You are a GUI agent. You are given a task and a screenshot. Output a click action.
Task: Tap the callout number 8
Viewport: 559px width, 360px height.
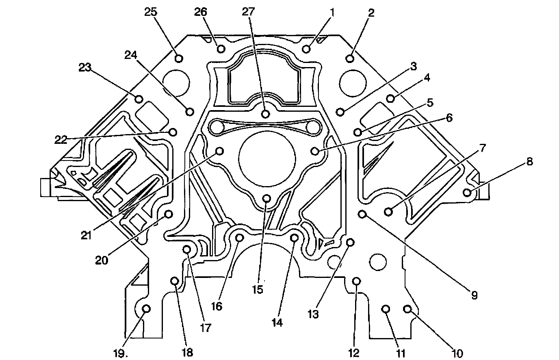click(x=529, y=161)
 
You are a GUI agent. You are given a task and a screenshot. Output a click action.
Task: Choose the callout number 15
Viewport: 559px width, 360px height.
click(x=258, y=290)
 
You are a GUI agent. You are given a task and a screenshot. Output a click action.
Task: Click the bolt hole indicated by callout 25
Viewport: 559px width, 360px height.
click(x=178, y=59)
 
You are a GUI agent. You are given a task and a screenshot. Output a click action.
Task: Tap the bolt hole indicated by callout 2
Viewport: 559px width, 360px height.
click(x=350, y=59)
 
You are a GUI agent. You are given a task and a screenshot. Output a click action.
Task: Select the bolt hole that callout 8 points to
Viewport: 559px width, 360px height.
click(x=467, y=192)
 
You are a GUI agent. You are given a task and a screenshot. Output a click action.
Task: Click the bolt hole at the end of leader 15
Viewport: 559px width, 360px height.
click(x=266, y=198)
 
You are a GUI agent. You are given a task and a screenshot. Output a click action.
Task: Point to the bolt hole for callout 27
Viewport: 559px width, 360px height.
click(x=265, y=114)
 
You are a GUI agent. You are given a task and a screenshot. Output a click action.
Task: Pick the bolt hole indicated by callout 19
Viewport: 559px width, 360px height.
click(x=147, y=309)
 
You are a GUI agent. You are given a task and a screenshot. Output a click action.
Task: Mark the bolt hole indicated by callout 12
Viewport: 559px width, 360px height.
click(x=356, y=281)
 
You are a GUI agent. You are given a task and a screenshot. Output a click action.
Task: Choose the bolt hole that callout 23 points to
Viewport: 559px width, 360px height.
click(x=139, y=99)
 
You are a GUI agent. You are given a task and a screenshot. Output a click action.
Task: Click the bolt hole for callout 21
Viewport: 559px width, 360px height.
click(x=219, y=151)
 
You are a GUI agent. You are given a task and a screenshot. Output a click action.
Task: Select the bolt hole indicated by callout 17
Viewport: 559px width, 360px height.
click(x=187, y=249)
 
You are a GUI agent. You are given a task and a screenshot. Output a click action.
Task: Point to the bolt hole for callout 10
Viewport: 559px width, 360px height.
click(x=407, y=309)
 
